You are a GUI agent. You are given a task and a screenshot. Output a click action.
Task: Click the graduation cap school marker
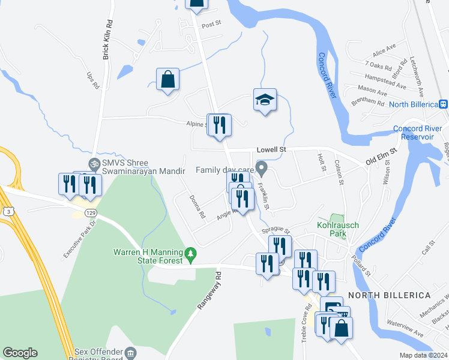click(265, 100)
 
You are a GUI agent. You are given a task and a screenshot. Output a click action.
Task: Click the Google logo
click(20, 353)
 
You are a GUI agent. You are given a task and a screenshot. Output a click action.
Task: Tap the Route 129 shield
click(90, 213)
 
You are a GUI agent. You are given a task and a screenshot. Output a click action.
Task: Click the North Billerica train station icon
click(443, 104)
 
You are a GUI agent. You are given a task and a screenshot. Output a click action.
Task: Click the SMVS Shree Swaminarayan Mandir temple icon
click(94, 164)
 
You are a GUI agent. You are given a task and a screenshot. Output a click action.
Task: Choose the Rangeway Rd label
click(209, 291)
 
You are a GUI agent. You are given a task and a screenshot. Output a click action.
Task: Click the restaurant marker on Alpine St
click(219, 124)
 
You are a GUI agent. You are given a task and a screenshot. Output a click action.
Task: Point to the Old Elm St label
click(382, 158)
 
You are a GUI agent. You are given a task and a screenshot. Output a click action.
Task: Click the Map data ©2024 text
click(424, 355)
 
